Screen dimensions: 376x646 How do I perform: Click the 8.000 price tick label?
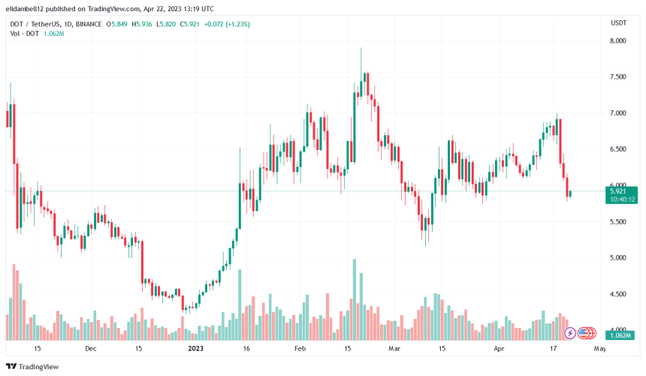(618, 41)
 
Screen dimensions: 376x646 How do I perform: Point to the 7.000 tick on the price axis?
(618, 113)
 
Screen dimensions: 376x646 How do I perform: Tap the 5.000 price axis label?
(618, 258)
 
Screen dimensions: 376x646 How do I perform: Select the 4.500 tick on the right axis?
(618, 294)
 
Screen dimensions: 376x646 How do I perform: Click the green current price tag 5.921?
(623, 191)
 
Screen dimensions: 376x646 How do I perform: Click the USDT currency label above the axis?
(618, 23)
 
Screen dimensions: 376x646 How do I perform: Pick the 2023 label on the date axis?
(196, 349)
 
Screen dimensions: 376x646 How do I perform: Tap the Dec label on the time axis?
(90, 349)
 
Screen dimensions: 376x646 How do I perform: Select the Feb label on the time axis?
(300, 349)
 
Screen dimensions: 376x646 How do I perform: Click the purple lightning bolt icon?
(570, 332)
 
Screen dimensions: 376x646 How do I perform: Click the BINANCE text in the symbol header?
(88, 24)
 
